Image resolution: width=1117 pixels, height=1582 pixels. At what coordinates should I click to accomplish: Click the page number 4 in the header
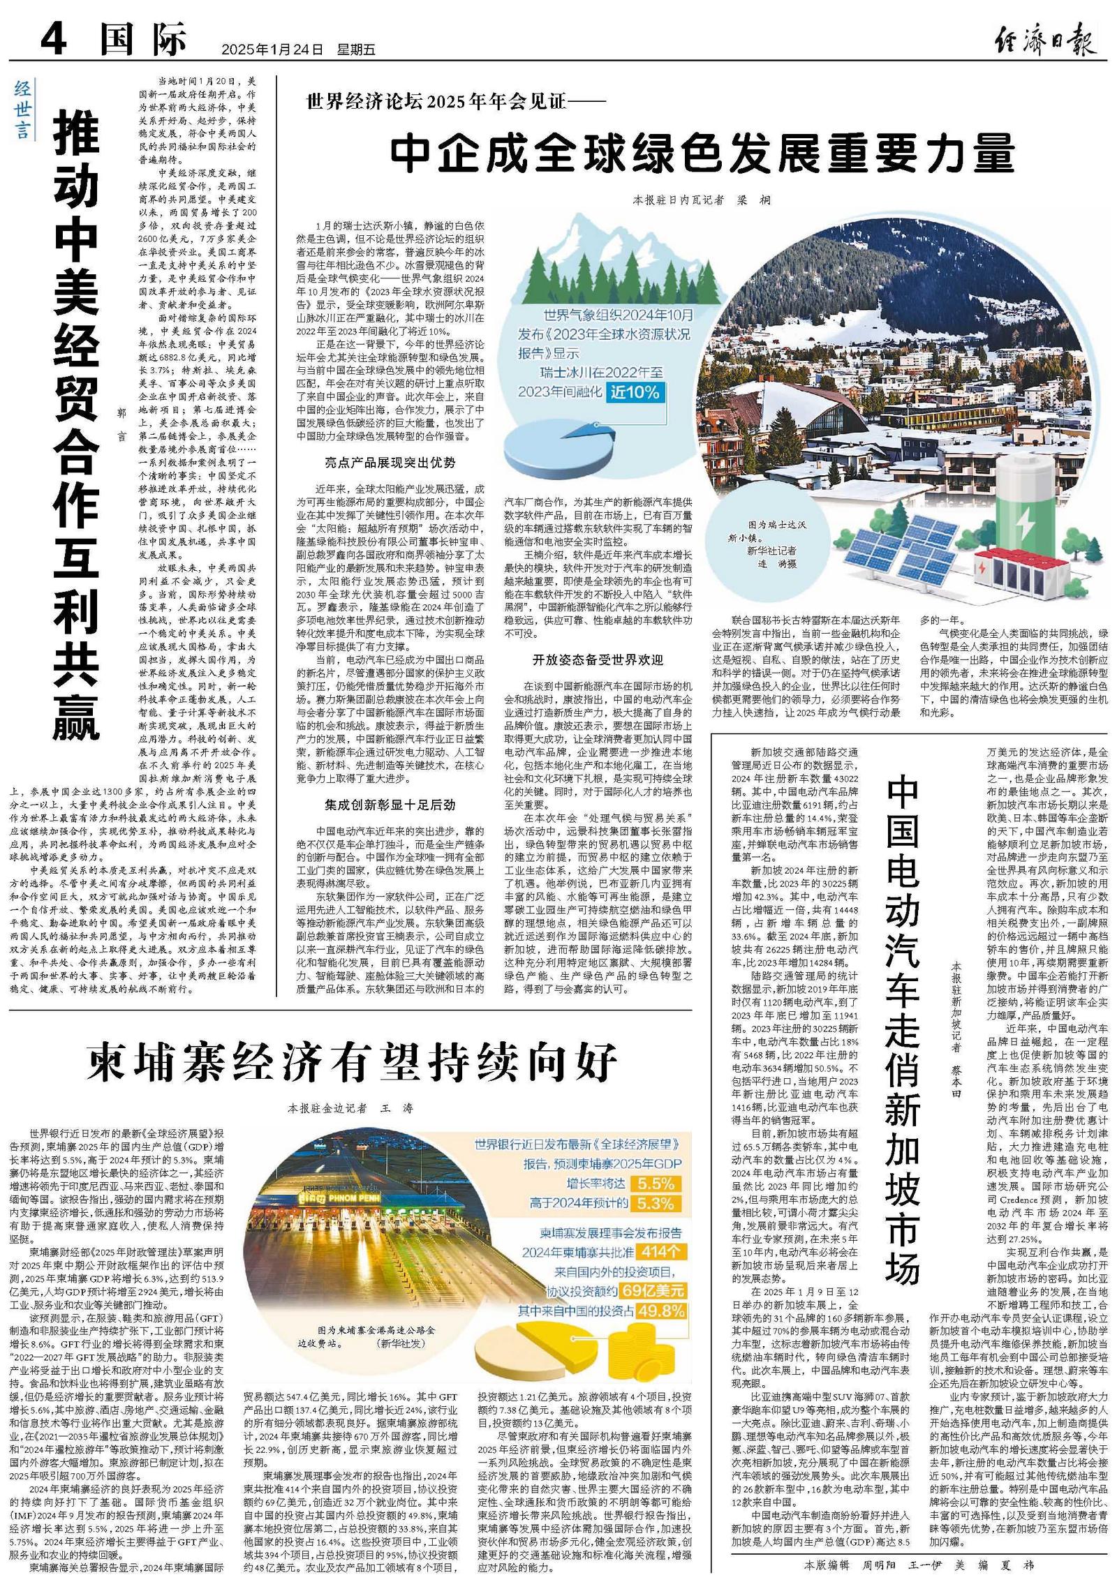pyautogui.click(x=54, y=40)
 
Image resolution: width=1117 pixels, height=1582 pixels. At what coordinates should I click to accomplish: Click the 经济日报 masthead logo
pyautogui.click(x=1045, y=40)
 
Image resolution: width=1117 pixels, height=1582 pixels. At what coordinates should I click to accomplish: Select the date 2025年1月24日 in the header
pyautogui.click(x=273, y=50)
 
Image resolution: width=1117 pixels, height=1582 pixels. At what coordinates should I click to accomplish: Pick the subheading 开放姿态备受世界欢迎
pyautogui.click(x=598, y=659)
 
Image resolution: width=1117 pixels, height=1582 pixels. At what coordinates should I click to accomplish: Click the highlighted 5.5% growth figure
pyautogui.click(x=655, y=1184)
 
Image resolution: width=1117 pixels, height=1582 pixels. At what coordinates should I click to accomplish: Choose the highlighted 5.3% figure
pyautogui.click(x=655, y=1204)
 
